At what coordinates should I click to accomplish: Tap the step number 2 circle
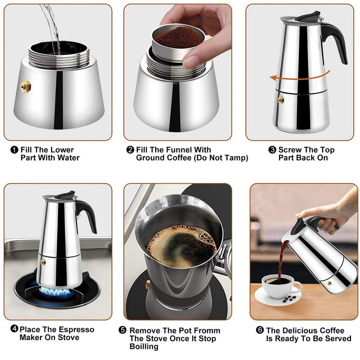pos(130,150)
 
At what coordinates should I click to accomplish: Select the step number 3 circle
pos(272,150)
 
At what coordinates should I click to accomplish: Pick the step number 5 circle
pos(122,330)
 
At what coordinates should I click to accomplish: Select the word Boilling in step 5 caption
pos(144,346)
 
